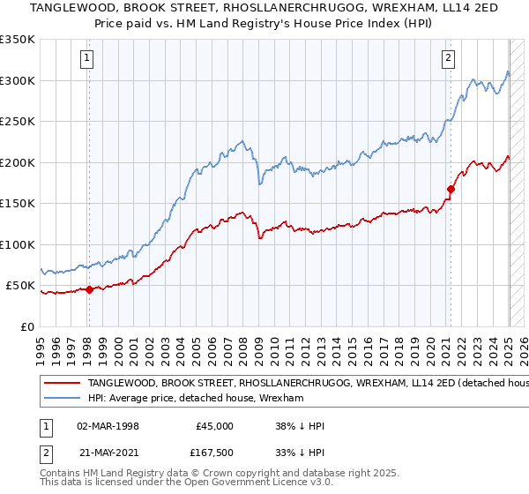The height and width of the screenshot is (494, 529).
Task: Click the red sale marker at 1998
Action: (89, 288)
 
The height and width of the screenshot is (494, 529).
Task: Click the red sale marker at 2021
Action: (451, 188)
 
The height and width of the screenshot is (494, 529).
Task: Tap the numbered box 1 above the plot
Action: (88, 59)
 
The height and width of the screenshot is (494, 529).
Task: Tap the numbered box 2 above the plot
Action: (449, 59)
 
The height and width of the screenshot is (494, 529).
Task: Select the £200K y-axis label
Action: (18, 162)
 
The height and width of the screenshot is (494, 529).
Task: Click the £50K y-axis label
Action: (20, 286)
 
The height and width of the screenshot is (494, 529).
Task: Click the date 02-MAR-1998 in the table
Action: (108, 425)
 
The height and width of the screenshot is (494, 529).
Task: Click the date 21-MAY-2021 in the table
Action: (108, 453)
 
